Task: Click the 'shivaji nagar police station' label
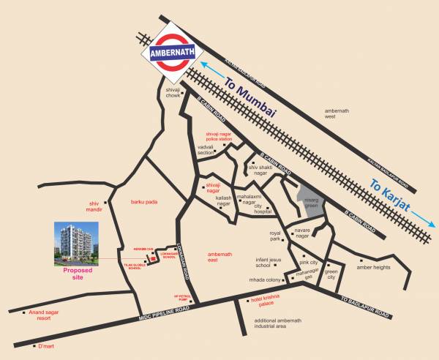[x=222, y=136]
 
